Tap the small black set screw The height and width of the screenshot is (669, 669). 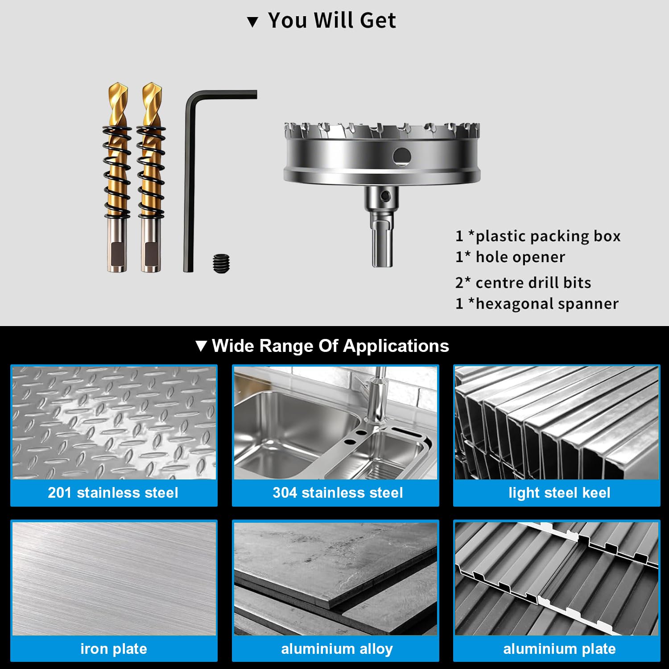222,263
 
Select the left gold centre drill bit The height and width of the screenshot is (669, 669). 117,177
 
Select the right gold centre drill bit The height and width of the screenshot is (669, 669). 151,177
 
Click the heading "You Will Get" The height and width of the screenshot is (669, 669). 332,21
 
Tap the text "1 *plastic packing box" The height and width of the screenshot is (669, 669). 538,236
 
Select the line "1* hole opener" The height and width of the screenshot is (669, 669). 510,257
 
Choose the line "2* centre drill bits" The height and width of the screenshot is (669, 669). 523,282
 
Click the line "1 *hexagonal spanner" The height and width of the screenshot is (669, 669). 537,303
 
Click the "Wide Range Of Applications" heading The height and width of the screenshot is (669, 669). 330,346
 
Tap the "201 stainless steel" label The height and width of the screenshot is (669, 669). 113,492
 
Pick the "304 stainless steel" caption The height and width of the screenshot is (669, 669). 338,492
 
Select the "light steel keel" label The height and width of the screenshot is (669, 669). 559,493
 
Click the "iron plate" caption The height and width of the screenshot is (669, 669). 114,648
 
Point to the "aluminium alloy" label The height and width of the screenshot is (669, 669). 337,649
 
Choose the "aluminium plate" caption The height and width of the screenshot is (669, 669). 559,649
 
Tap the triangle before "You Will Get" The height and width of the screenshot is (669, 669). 253,22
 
